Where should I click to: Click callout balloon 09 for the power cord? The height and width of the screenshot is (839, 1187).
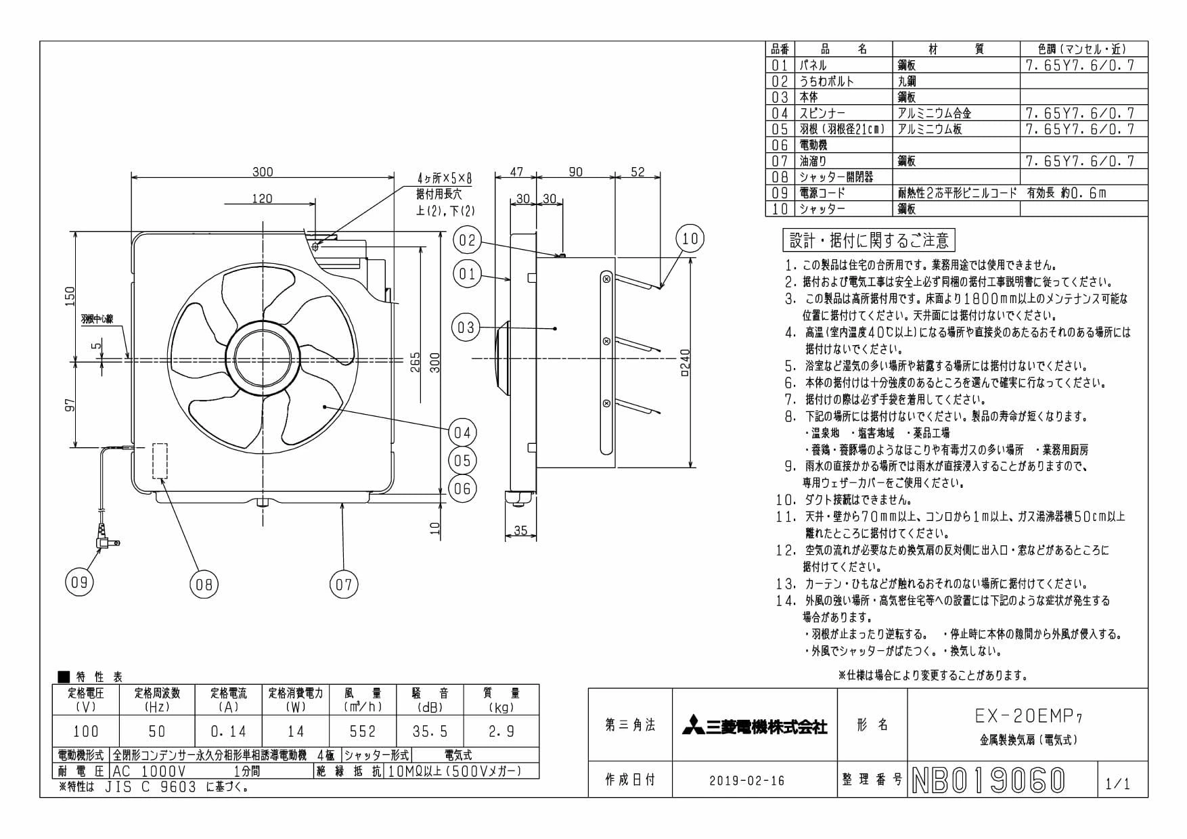pyautogui.click(x=79, y=583)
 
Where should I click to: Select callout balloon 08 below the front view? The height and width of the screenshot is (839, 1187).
pyautogui.click(x=204, y=585)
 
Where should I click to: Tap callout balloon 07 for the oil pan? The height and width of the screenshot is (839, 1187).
pyautogui.click(x=344, y=585)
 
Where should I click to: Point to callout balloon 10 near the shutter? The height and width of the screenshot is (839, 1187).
pyautogui.click(x=690, y=238)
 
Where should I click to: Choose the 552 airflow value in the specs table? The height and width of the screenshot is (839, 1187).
pyautogui.click(x=363, y=731)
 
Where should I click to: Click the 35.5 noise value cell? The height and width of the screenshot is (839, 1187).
pyautogui.click(x=430, y=731)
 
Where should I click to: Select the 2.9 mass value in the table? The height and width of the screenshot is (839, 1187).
pyautogui.click(x=501, y=731)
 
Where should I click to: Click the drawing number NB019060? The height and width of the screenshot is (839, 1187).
pyautogui.click(x=989, y=780)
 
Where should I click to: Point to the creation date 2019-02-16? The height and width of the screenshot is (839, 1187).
pyautogui.click(x=747, y=781)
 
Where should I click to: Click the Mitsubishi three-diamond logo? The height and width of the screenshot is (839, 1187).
pyautogui.click(x=693, y=725)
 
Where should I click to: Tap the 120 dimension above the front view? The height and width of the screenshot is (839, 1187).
pyautogui.click(x=262, y=198)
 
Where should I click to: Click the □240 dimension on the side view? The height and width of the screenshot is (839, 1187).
pyautogui.click(x=685, y=363)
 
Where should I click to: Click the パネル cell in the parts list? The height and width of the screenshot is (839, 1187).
pyautogui.click(x=813, y=66)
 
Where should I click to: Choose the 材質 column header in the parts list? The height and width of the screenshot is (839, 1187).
pyautogui.click(x=956, y=49)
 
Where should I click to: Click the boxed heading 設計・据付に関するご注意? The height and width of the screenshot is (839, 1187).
pyautogui.click(x=869, y=240)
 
